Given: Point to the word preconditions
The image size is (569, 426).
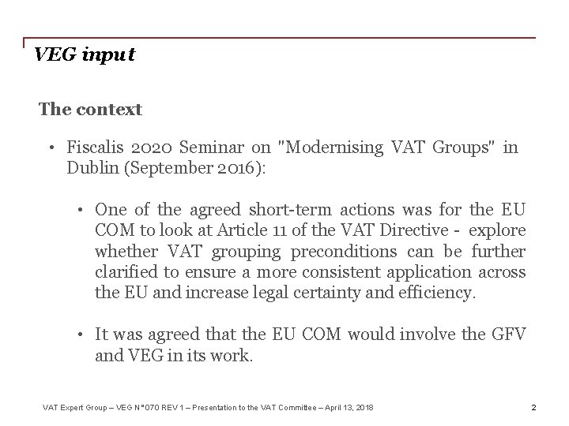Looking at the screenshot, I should [x=345, y=252].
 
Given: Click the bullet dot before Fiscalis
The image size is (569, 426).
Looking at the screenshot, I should [x=49, y=148].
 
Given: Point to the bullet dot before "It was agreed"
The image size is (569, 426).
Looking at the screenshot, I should [x=80, y=335].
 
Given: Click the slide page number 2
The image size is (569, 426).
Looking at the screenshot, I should [x=533, y=407].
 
